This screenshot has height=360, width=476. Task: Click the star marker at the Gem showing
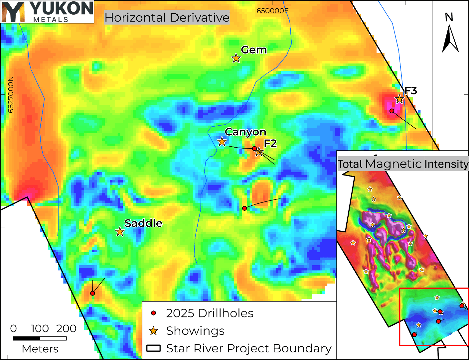[x=236, y=58]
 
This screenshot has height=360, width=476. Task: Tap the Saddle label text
[x=143, y=223]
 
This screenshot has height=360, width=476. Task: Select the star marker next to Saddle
[x=120, y=231]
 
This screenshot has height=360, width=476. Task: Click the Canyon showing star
[x=222, y=142]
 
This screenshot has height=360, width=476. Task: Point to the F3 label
[x=410, y=91]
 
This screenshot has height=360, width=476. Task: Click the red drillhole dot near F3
[x=392, y=111]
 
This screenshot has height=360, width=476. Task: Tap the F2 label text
[x=270, y=143]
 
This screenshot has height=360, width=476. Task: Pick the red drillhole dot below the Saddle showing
[x=92, y=293]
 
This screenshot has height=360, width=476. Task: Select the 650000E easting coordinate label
[x=272, y=11]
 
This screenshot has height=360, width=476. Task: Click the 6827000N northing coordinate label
[x=11, y=95]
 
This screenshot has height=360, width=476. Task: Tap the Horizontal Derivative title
[x=167, y=18]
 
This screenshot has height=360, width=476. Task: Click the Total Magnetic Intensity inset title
[x=403, y=164]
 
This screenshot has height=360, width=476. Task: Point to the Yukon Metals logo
[x=47, y=12]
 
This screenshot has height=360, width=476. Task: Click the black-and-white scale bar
[x=40, y=338]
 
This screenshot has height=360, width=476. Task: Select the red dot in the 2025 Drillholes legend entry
[x=153, y=313]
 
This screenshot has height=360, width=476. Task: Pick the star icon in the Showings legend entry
[x=153, y=331]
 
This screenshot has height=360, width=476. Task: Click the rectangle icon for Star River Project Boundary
[x=153, y=348]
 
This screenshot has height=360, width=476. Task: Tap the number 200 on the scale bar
[x=66, y=328]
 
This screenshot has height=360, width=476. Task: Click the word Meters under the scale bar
[x=40, y=349]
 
